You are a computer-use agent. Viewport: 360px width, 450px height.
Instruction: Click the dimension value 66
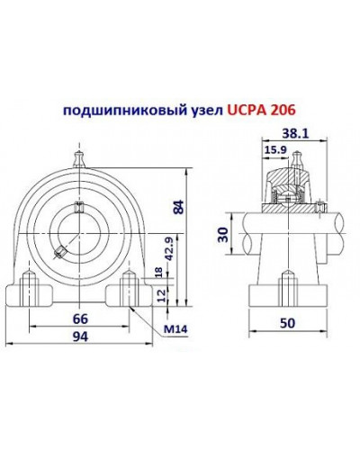(79, 319)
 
